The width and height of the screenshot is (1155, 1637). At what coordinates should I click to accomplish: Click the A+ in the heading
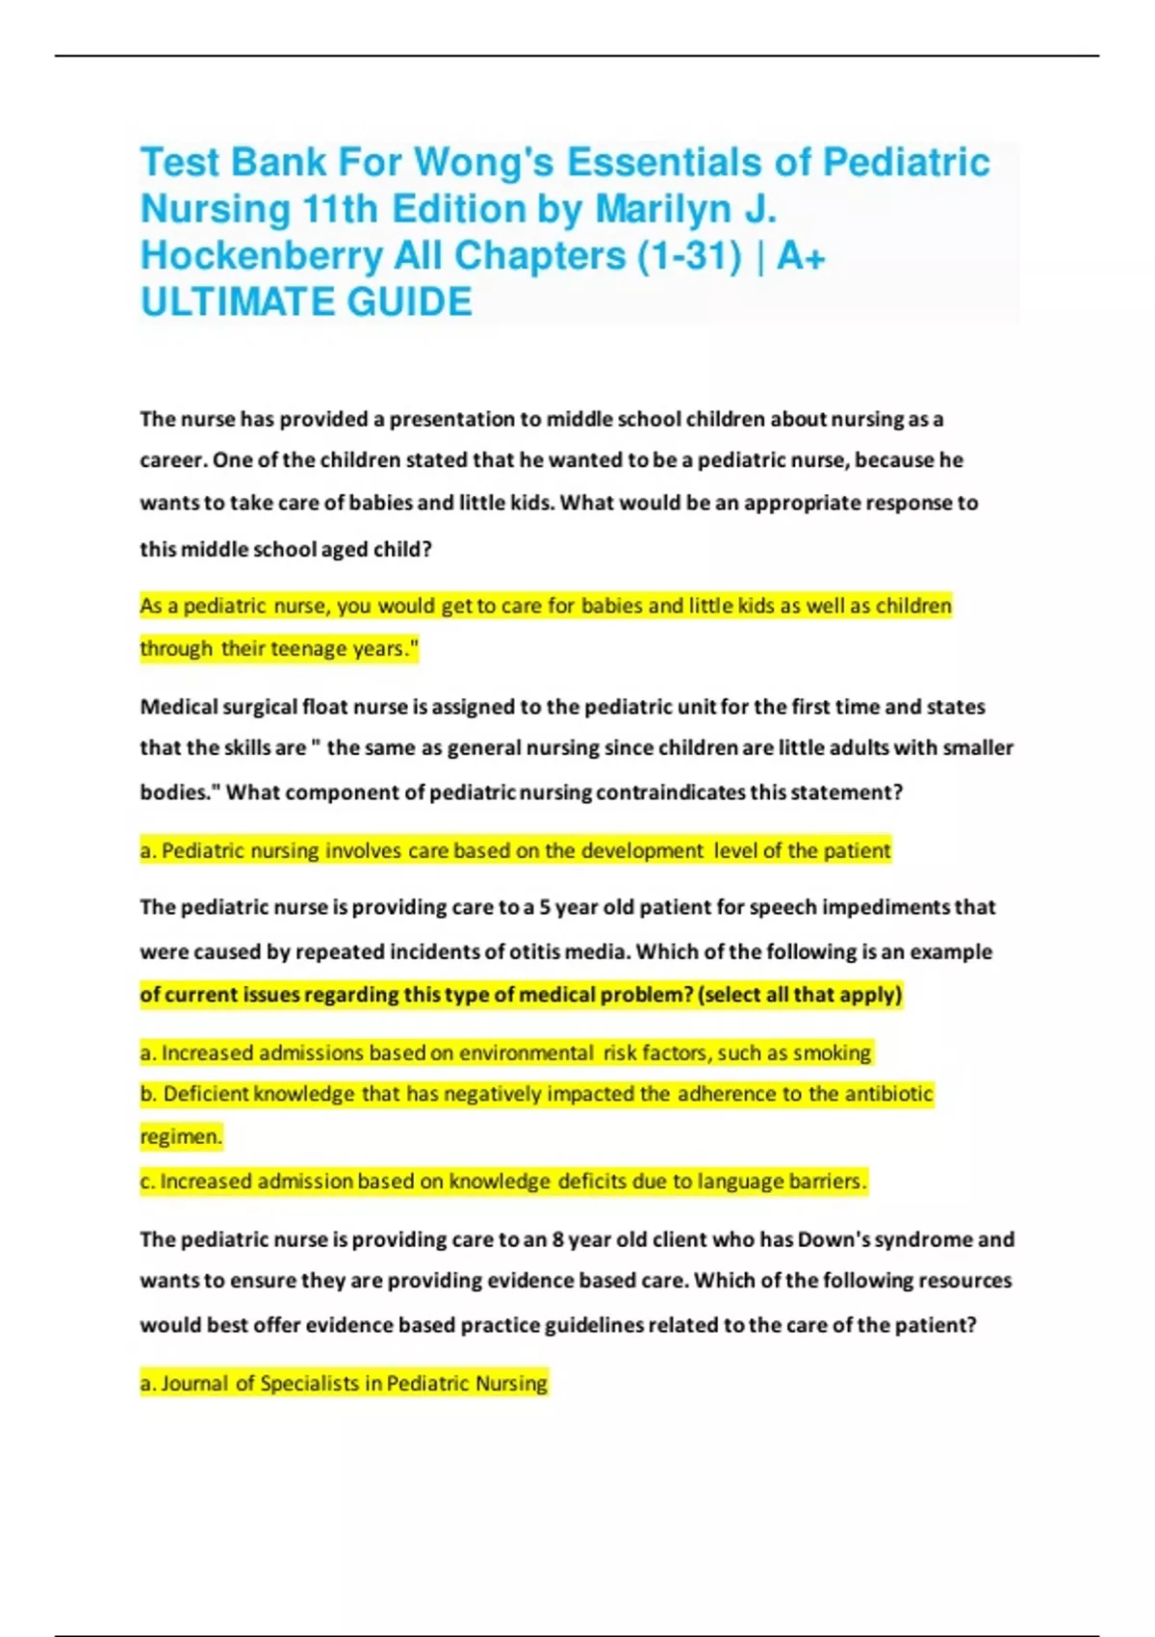(x=801, y=256)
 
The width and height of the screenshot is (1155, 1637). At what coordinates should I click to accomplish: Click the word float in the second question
(x=324, y=707)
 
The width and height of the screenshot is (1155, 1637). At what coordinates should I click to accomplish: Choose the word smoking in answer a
(x=833, y=1052)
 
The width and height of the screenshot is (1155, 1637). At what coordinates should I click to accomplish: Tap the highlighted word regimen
(x=181, y=1137)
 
